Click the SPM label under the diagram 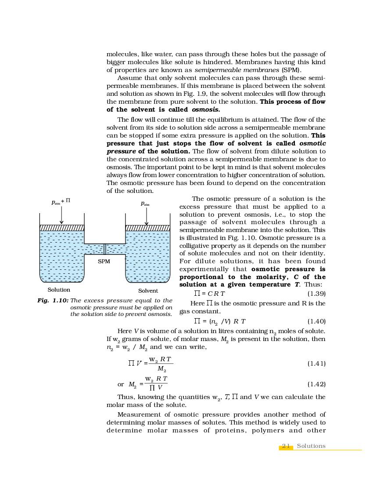[x=104, y=261]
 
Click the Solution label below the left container [x=59, y=290]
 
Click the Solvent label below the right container [x=148, y=290]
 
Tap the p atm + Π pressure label [x=61, y=202]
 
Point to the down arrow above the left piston [x=61, y=215]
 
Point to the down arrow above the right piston [x=147, y=215]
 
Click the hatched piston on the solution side [x=62, y=228]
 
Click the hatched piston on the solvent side [x=148, y=228]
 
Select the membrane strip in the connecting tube [x=104, y=249]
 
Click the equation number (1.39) [x=316, y=294]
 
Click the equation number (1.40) [x=316, y=321]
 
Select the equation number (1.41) [x=316, y=363]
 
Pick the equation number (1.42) [x=316, y=384]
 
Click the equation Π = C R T [x=210, y=294]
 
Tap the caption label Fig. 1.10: [x=53, y=301]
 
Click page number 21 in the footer [x=286, y=446]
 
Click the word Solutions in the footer [x=311, y=446]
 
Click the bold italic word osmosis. [x=206, y=109]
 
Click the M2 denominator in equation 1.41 [x=161, y=369]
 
